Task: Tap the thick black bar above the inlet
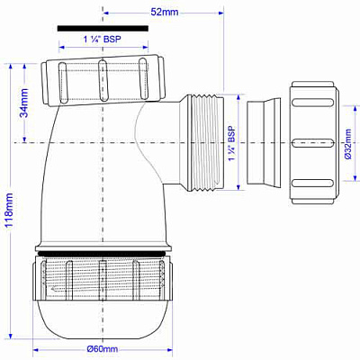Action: [x=102, y=28]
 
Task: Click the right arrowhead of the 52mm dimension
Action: [x=220, y=13]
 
